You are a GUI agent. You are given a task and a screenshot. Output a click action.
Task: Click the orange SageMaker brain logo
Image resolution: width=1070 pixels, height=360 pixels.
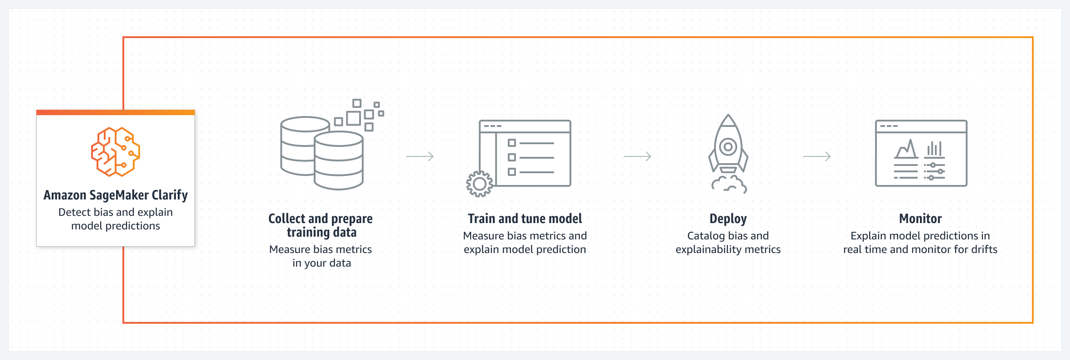click(116, 151)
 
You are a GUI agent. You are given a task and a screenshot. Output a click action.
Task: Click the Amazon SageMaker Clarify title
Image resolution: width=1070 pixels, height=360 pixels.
click(116, 195)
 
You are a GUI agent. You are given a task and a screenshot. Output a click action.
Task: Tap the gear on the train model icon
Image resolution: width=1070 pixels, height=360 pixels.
click(479, 184)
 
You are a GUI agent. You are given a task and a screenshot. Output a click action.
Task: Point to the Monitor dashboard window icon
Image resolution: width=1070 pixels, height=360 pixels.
click(921, 153)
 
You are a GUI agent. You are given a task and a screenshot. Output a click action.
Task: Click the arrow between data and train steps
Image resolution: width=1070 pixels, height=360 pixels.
click(420, 156)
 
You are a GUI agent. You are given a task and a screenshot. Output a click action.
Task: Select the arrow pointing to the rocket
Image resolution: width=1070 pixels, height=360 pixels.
click(637, 156)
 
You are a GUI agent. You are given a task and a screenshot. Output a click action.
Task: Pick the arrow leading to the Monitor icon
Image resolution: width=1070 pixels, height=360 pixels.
click(817, 156)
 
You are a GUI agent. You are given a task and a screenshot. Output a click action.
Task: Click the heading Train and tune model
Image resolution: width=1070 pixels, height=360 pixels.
click(525, 219)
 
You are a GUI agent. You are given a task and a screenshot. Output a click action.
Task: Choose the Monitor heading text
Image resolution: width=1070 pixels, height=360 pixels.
click(920, 219)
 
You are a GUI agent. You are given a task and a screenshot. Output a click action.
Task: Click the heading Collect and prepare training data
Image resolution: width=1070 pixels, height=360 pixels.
click(321, 226)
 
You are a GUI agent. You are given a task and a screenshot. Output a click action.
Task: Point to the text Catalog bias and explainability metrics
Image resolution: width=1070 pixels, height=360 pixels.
click(728, 243)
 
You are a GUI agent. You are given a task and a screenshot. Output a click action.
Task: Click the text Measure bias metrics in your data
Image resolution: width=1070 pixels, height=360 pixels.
click(321, 256)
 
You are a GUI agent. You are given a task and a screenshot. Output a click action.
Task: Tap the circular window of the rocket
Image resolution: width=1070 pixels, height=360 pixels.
click(728, 147)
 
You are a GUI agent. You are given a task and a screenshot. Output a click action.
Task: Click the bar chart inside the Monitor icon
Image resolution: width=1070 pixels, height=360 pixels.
click(934, 149)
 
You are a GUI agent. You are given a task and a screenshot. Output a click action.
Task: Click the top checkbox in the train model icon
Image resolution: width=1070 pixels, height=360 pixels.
click(512, 143)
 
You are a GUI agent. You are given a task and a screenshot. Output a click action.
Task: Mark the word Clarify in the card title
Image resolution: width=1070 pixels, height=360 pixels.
click(170, 195)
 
